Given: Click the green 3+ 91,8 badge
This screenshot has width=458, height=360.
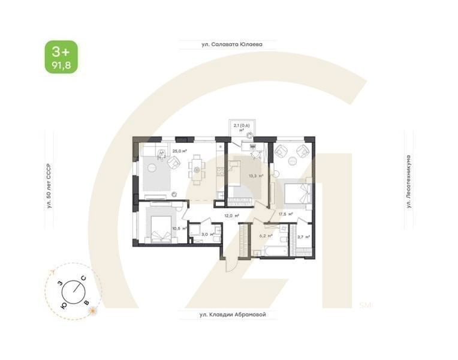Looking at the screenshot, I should click(61, 57).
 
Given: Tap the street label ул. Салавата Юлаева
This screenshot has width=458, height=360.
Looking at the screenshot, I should click(222, 44).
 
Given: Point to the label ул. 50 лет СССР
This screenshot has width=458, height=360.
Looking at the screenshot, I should click(50, 186).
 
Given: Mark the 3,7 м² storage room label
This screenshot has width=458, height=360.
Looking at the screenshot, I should click(303, 237).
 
